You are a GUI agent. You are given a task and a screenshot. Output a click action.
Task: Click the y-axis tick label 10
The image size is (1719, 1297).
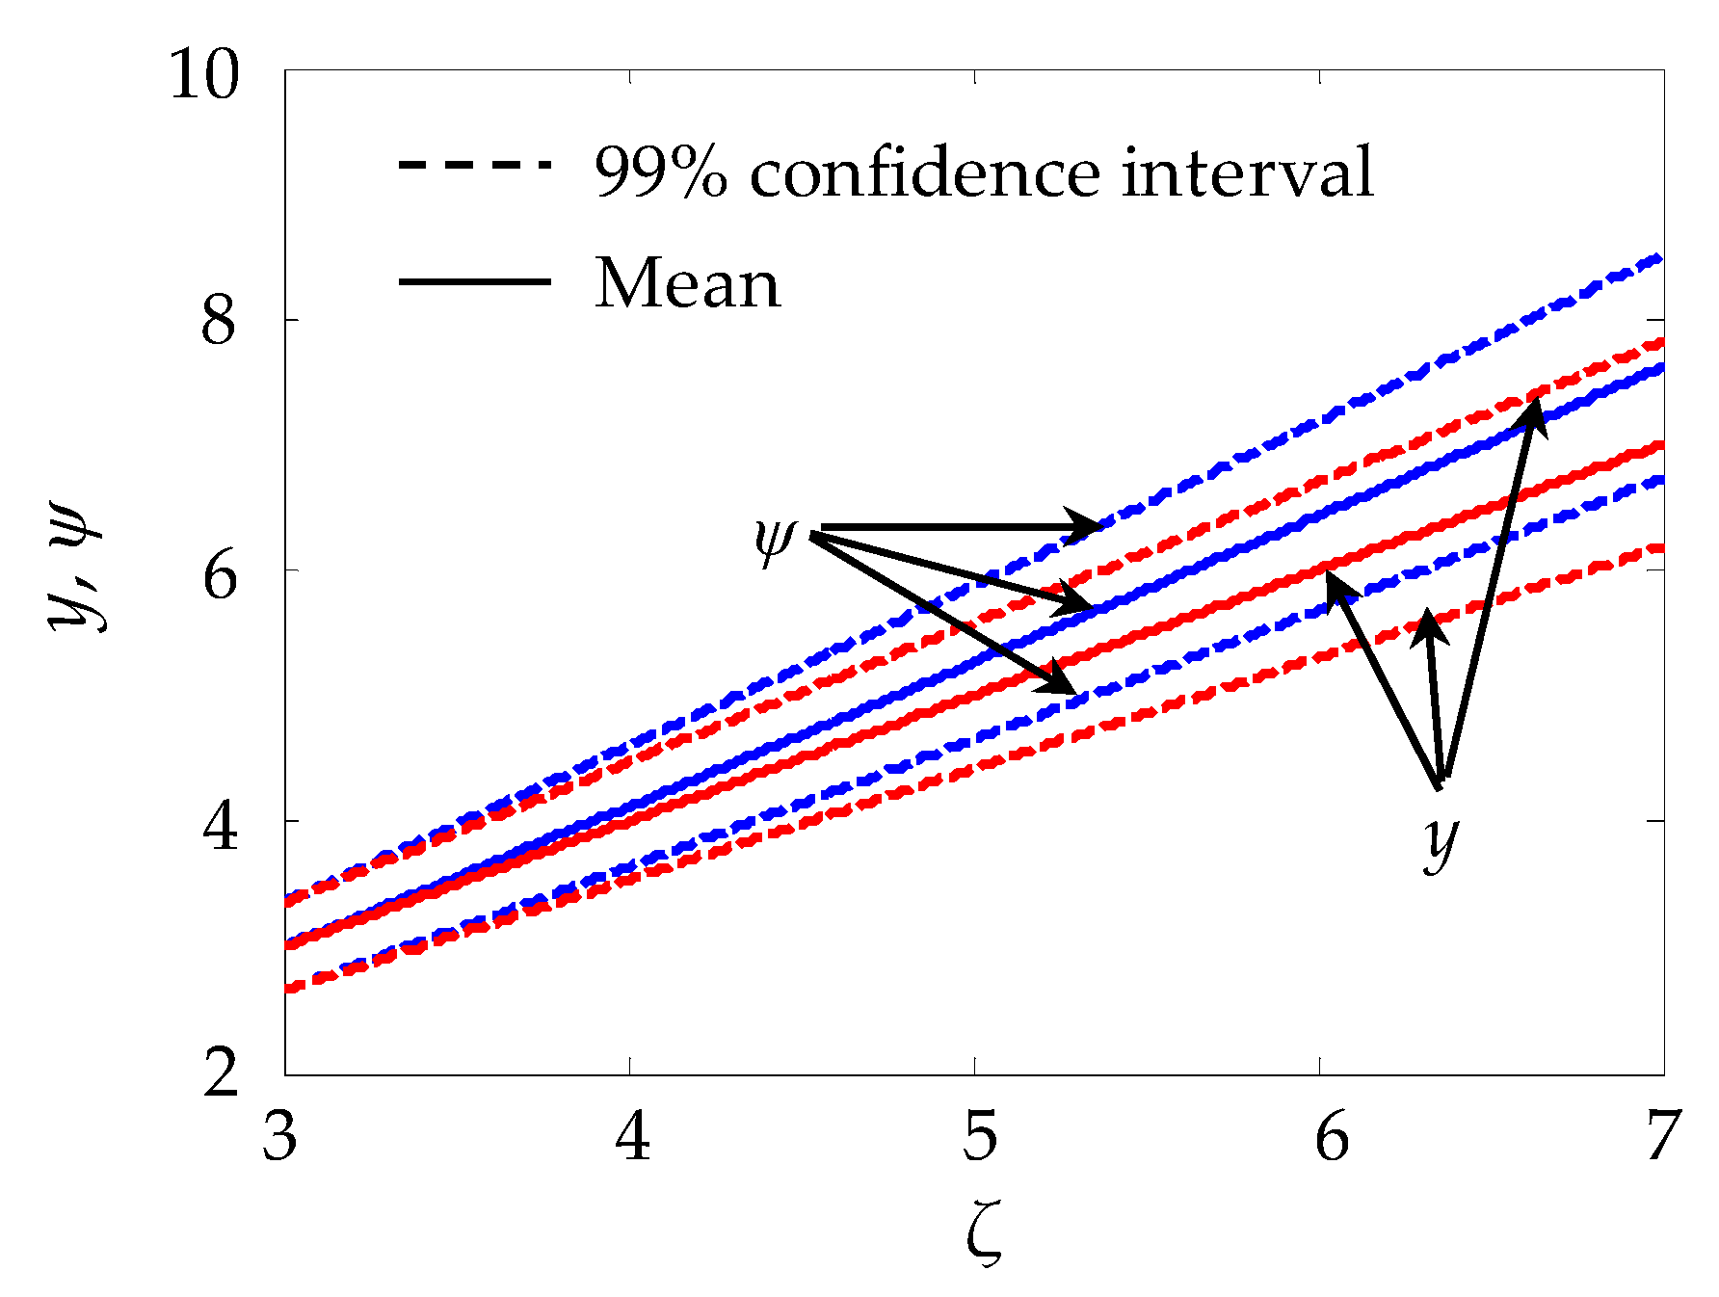click(x=203, y=75)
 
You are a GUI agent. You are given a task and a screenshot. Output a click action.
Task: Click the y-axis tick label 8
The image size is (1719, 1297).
click(x=219, y=322)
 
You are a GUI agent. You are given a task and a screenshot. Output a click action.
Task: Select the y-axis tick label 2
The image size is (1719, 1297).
click(x=221, y=1072)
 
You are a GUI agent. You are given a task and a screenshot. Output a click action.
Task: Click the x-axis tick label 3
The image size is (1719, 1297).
click(x=280, y=1137)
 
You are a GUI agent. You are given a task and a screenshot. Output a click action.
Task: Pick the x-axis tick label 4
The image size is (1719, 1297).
click(x=633, y=1137)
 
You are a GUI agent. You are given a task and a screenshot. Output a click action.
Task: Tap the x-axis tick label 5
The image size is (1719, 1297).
click(x=979, y=1137)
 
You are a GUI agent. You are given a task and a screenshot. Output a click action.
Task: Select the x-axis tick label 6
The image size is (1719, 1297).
click(x=1332, y=1137)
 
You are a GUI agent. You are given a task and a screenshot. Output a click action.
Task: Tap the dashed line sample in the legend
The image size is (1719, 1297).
click(x=474, y=165)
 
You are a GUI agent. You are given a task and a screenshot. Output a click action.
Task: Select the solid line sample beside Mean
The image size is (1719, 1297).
click(x=474, y=281)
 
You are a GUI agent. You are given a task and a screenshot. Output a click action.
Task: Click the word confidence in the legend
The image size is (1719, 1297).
click(x=924, y=173)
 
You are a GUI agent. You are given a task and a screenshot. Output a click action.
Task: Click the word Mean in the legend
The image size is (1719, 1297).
click(x=687, y=284)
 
